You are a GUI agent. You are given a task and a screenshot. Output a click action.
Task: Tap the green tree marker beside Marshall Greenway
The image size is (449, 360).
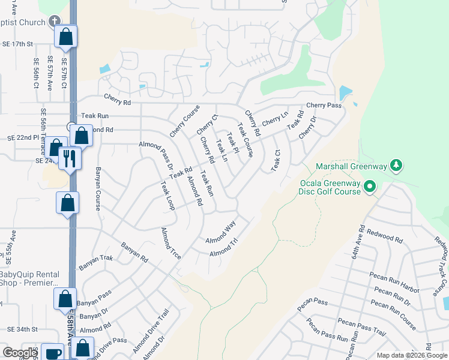tap(396, 164)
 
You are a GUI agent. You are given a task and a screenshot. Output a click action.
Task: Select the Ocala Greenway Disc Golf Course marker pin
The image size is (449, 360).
tap(370, 187)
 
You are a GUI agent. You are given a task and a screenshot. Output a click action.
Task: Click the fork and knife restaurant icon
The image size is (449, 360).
tap(70, 158)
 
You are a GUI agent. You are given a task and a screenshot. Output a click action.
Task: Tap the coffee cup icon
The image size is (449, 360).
tap(53, 353)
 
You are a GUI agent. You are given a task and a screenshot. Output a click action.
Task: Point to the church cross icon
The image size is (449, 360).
tap(55, 22)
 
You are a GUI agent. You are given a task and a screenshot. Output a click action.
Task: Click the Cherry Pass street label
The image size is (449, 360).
tap(324, 106)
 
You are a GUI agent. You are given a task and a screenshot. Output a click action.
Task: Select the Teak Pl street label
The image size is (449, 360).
tap(233, 144)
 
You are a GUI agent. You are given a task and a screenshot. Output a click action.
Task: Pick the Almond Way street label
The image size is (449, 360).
tap(220, 233)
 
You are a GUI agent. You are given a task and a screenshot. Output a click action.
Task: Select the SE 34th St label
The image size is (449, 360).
tap(22, 329)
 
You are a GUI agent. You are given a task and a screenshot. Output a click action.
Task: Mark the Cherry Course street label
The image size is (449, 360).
tap(184, 121)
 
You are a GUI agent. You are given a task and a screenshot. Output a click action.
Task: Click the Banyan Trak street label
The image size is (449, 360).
tap(95, 263)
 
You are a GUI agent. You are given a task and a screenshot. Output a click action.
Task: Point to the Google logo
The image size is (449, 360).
tap(20, 353)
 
